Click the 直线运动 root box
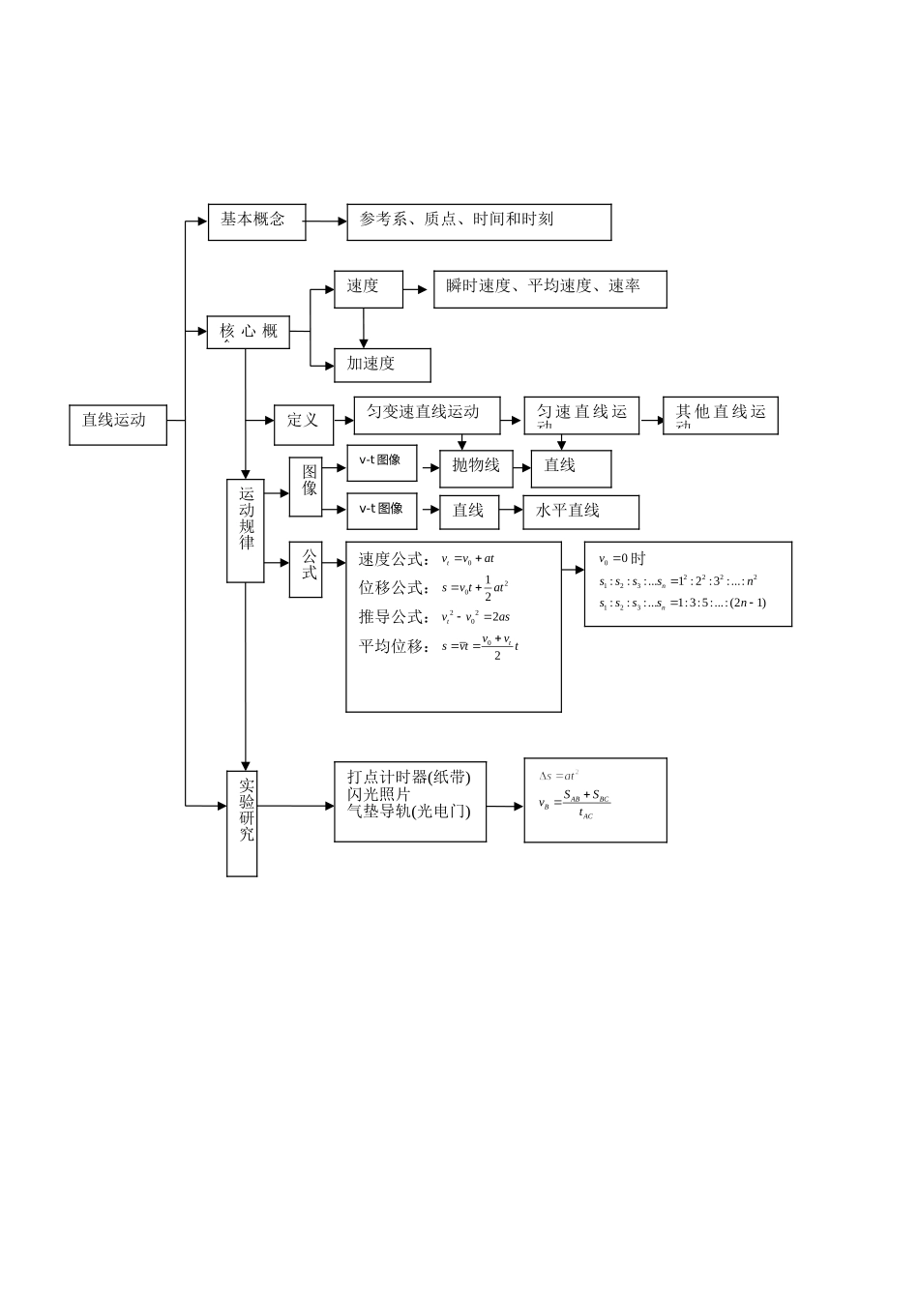coord(118,424)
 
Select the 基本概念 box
coord(256,222)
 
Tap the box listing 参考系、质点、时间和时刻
coord(479,222)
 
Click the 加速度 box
coord(382,365)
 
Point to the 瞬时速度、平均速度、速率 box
coord(549,288)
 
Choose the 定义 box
coord(303,420)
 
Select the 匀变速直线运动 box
coord(427,414)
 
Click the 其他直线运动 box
coord(720,415)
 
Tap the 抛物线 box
coord(476,467)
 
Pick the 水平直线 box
coord(580,512)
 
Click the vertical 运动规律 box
coord(246,530)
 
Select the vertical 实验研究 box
coord(243,822)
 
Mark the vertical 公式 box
coord(307,569)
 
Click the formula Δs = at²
coord(559,776)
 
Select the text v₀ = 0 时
coord(622,559)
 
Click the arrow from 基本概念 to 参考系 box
coord(326,222)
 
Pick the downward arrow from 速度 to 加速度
coord(364,328)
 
